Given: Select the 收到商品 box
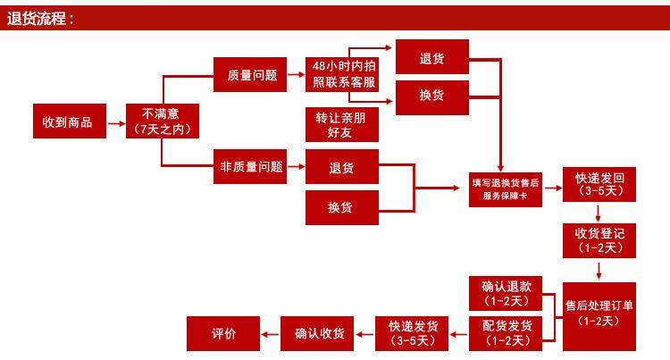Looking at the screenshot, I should coord(68,121).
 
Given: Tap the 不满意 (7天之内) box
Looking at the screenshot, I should coord(162,121).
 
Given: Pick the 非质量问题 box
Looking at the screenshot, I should coord(251,166).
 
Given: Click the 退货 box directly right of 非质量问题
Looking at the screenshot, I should coord(340,168).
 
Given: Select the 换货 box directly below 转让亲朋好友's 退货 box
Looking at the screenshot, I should coord(340,207).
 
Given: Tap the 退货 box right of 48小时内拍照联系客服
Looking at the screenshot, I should coord(432,58).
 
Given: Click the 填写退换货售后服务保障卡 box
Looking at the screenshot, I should coord(506,188).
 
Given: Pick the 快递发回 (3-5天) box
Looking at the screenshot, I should coord(599,184).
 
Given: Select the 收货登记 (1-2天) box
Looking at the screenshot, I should coord(599,239).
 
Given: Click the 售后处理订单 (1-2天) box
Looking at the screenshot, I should coord(599,313).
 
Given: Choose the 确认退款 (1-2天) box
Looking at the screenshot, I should coord(507,294).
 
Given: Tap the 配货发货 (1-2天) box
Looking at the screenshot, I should coord(507,332).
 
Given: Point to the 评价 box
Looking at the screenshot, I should coord(223,333).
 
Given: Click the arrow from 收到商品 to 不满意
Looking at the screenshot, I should coord(117,121).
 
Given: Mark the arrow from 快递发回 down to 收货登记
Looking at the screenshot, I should coord(599,213).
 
